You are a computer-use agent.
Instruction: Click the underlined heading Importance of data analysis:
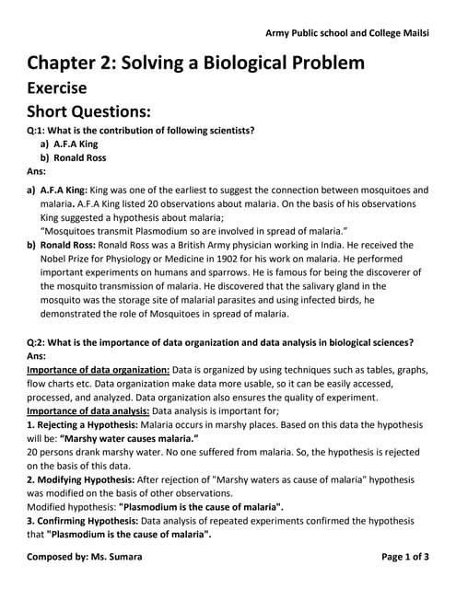tap(88, 410)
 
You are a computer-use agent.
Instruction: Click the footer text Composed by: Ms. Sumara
tap(85, 558)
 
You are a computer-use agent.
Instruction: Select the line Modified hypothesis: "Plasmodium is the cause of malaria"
tap(156, 507)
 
